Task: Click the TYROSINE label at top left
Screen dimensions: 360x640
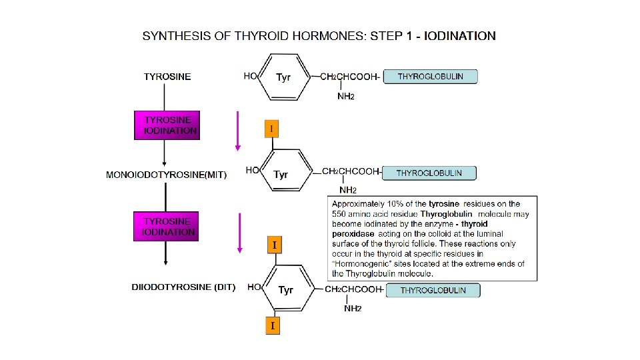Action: coord(167,76)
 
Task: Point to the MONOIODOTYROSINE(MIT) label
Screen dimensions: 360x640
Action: coord(167,175)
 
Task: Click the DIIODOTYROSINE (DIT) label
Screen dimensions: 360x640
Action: coord(184,287)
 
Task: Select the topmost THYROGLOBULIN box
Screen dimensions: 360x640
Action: coord(431,77)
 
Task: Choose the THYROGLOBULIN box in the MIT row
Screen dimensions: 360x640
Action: coord(429,173)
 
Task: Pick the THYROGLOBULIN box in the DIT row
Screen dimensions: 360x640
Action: coord(433,290)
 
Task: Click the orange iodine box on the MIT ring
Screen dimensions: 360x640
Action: coord(271,127)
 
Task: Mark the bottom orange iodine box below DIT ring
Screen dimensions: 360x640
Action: coord(272,325)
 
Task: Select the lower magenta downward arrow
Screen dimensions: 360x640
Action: coord(240,233)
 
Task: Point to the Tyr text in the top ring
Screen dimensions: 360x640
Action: coord(283,77)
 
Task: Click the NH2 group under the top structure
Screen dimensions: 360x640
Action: coord(345,97)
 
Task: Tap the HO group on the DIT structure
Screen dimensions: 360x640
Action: coord(254,287)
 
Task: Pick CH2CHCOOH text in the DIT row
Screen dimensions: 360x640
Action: coord(353,289)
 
